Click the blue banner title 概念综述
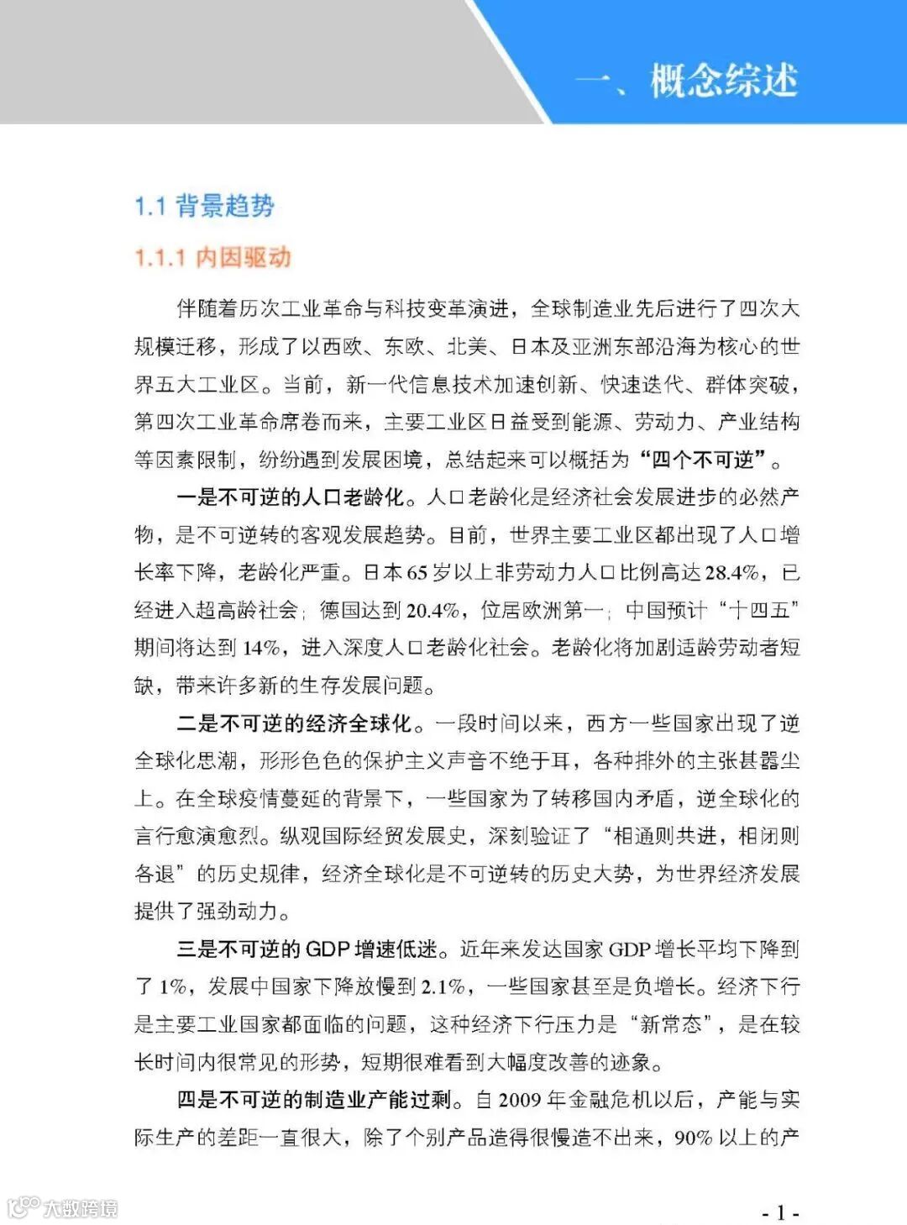coord(723,81)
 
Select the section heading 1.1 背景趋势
coord(204,206)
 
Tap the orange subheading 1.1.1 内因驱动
coord(212,257)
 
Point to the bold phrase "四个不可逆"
coord(703,460)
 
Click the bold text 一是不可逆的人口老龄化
coord(291,497)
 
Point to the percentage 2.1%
coord(443,986)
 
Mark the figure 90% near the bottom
coord(693,1138)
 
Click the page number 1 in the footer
coord(780,1212)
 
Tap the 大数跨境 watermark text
coord(80,1208)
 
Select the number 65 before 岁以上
coord(417,573)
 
